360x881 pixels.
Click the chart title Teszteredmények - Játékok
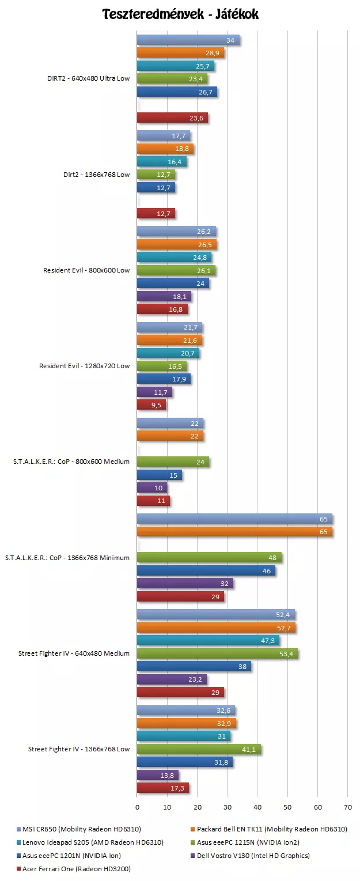[x=180, y=14]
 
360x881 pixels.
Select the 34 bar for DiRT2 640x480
[x=188, y=40]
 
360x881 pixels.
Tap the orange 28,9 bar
[x=180, y=53]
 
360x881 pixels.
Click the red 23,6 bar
[x=172, y=118]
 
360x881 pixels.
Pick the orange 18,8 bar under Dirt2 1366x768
[x=165, y=149]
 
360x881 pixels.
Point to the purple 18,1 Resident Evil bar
[x=164, y=297]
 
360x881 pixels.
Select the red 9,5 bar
[x=151, y=404]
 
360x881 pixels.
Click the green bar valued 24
[x=173, y=462]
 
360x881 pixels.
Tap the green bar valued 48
[x=209, y=558]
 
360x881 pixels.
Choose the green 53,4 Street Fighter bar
[x=217, y=653]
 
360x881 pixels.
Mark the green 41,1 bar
[x=199, y=749]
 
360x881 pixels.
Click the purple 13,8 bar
[x=157, y=775]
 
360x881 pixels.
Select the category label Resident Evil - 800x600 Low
[x=86, y=270]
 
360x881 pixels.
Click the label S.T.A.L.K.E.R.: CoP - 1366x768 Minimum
[x=67, y=558]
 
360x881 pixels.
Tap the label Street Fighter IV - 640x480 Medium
[x=74, y=653]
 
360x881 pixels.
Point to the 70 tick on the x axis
[x=348, y=807]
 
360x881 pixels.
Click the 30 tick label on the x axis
[x=228, y=807]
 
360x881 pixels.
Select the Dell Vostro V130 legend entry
[x=253, y=855]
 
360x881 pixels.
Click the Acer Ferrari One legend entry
[x=72, y=868]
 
